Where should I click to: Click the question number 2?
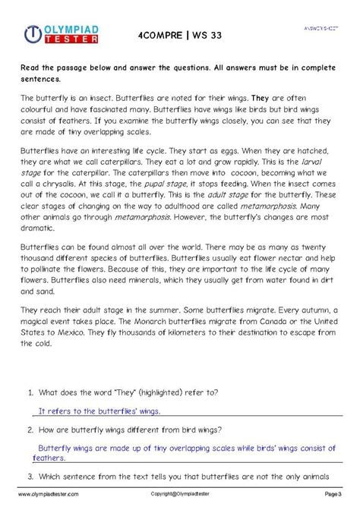pos(30,430)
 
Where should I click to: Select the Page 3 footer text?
pos(333,493)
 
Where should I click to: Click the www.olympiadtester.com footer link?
pos(49,493)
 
